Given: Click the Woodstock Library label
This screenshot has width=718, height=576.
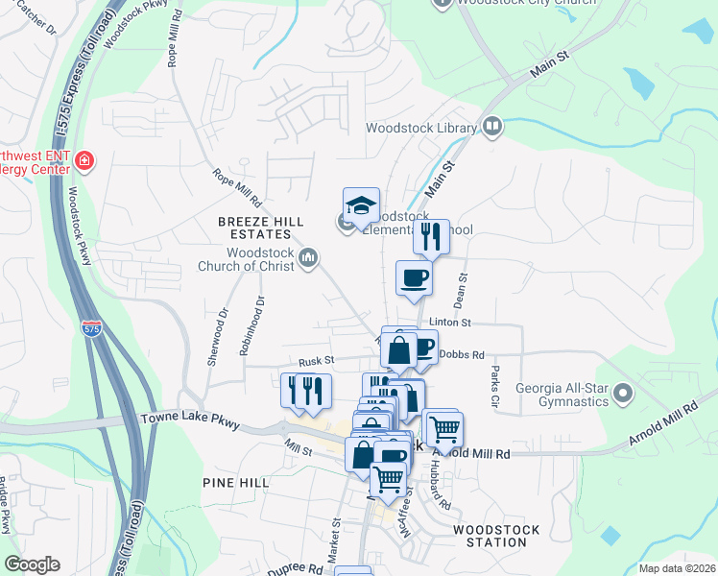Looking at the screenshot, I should coord(421,128).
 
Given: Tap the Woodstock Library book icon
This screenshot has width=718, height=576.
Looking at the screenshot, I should coord(492,127).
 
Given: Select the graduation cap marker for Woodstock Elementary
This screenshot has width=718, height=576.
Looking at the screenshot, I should coord(361,205).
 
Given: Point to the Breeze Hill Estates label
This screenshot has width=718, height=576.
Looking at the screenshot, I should coord(254,228).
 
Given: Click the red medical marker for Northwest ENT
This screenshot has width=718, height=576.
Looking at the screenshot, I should coord(85,159).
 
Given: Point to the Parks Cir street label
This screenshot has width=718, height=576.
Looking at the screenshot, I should coord(495,383).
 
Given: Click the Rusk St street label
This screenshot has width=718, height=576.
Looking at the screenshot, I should coord(315,361).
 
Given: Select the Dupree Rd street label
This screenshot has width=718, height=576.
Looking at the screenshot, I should coord(295,567).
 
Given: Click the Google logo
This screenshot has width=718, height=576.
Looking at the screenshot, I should coord(32,564).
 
